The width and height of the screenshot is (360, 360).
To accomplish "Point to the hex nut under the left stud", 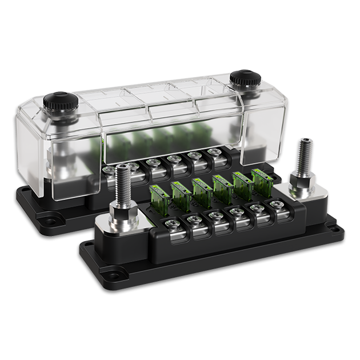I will [122, 215].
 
